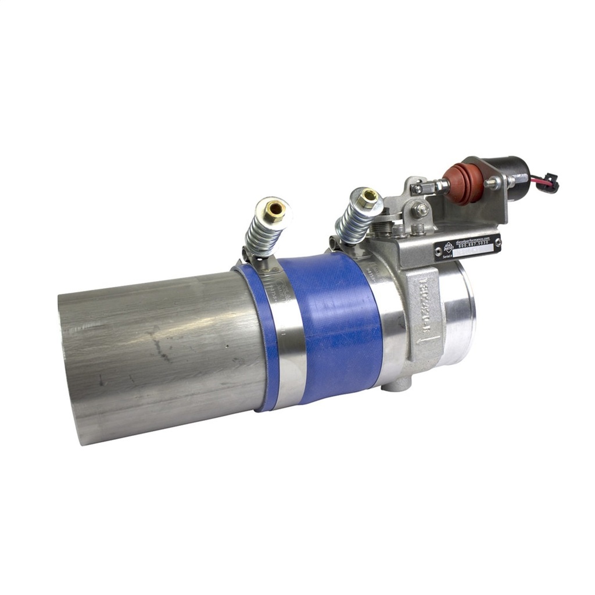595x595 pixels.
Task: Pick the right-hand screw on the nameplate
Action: point(497,240)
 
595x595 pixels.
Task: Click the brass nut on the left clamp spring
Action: point(274,207)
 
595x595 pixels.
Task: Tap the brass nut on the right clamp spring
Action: point(368,198)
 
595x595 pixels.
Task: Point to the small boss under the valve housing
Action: point(402,384)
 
